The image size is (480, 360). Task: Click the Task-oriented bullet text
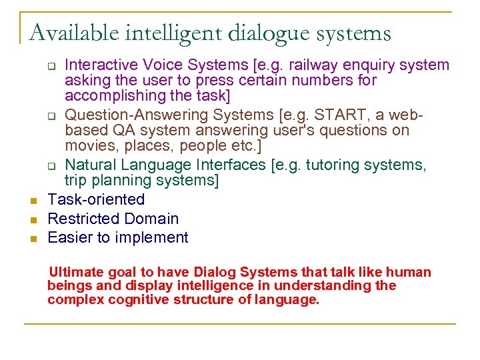tap(96, 199)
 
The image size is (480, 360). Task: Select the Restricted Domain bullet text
tap(113, 219)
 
